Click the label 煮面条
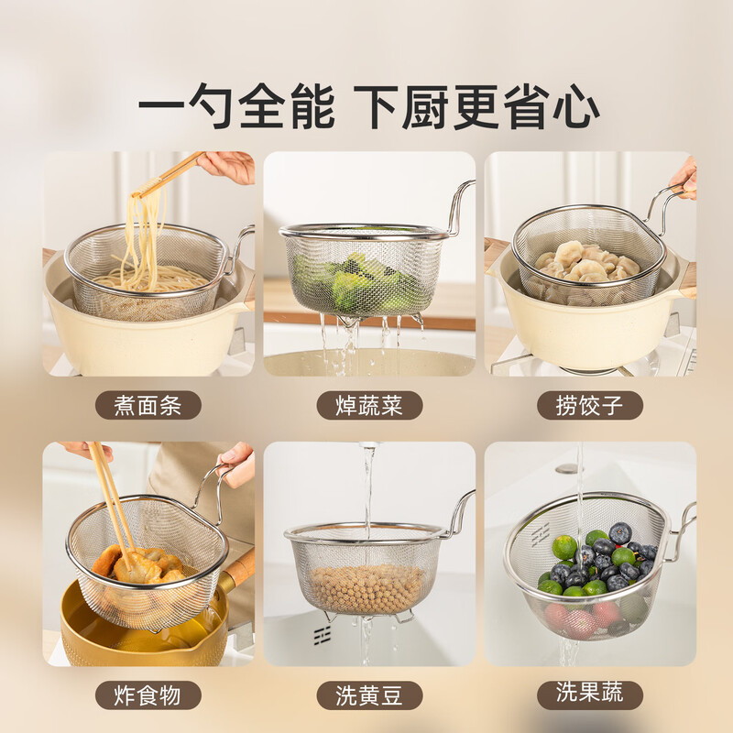pyautogui.click(x=148, y=405)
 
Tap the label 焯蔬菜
pyautogui.click(x=369, y=405)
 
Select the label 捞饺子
pyautogui.click(x=590, y=405)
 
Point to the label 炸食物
pyautogui.click(x=148, y=695)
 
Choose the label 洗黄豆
pyautogui.click(x=369, y=695)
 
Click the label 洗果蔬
pyautogui.click(x=590, y=694)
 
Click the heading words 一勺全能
pyautogui.click(x=236, y=109)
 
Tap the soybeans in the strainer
pyautogui.click(x=366, y=586)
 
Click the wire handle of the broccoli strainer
pyautogui.click(x=458, y=206)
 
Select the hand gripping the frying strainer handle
pyautogui.click(x=236, y=464)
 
